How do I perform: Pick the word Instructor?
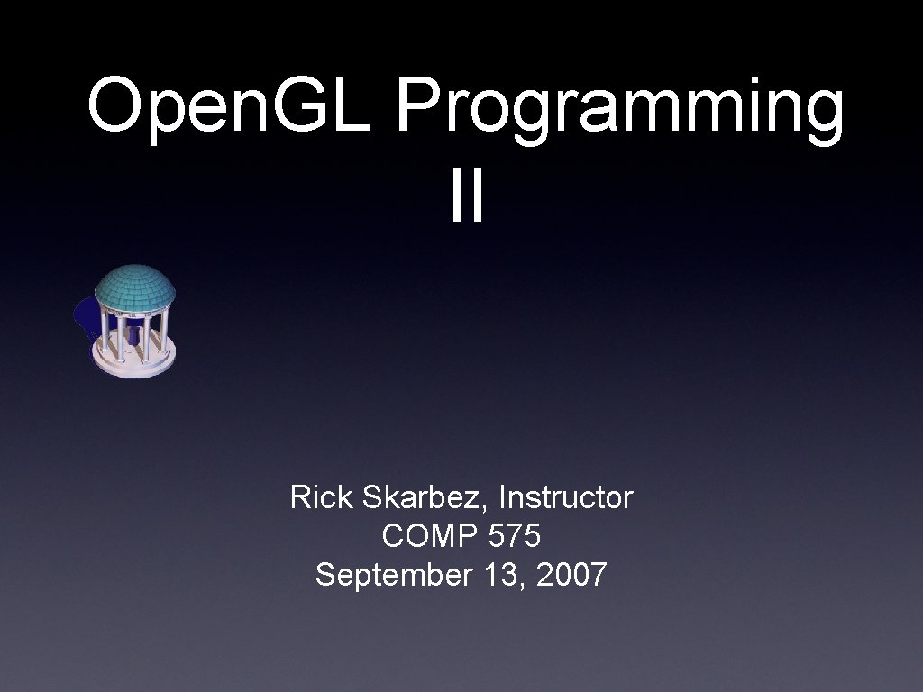point(566,496)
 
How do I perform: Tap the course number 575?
point(514,536)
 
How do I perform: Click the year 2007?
point(571,574)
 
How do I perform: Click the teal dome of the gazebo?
point(134,287)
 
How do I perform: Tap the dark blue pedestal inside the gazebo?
point(134,334)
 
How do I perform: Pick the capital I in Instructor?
point(503,496)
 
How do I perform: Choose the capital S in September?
point(325,575)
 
